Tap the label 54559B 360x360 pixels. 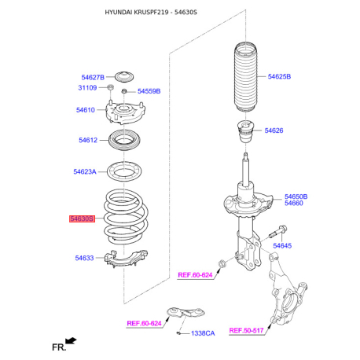pyautogui.click(x=149, y=91)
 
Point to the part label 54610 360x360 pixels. pyautogui.click(x=86, y=110)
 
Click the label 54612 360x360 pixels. pyautogui.click(x=87, y=140)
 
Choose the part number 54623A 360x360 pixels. pyautogui.click(x=85, y=171)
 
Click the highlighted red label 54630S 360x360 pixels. pyautogui.click(x=82, y=219)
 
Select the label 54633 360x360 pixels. pyautogui.click(x=85, y=257)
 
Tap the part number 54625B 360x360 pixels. pyautogui.click(x=279, y=77)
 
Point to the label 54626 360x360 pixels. pyautogui.click(x=274, y=130)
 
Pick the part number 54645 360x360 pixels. pyautogui.click(x=282, y=246)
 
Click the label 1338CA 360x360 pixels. pyautogui.click(x=200, y=333)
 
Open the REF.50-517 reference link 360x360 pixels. pyautogui.click(x=246, y=330)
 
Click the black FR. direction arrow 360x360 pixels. pyautogui.click(x=72, y=341)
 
